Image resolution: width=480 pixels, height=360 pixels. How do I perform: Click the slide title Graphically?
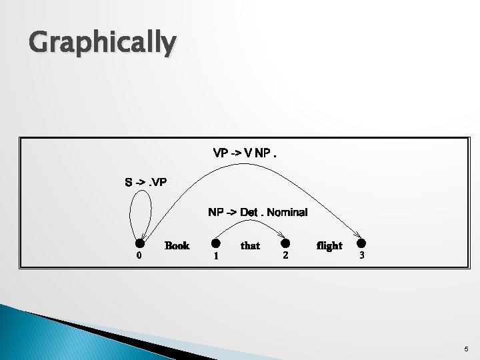103,43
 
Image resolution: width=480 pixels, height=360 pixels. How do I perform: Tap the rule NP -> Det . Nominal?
257,213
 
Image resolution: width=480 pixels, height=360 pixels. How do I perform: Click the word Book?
177,245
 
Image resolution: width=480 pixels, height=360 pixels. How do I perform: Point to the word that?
250,246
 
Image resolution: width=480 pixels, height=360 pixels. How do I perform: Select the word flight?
329,245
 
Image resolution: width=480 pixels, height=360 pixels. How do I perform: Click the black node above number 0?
140,244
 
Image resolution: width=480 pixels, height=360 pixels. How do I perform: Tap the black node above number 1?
216,244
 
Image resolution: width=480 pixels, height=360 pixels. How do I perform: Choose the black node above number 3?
361,244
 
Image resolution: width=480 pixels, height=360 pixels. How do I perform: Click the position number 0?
138,256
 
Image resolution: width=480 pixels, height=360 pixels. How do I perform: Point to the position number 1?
215,256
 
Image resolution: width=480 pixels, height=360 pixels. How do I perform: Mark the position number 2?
285,255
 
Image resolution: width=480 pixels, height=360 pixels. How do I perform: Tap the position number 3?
361,255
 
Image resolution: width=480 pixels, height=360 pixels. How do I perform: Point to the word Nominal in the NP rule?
287,213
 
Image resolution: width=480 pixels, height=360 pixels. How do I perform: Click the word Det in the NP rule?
249,213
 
